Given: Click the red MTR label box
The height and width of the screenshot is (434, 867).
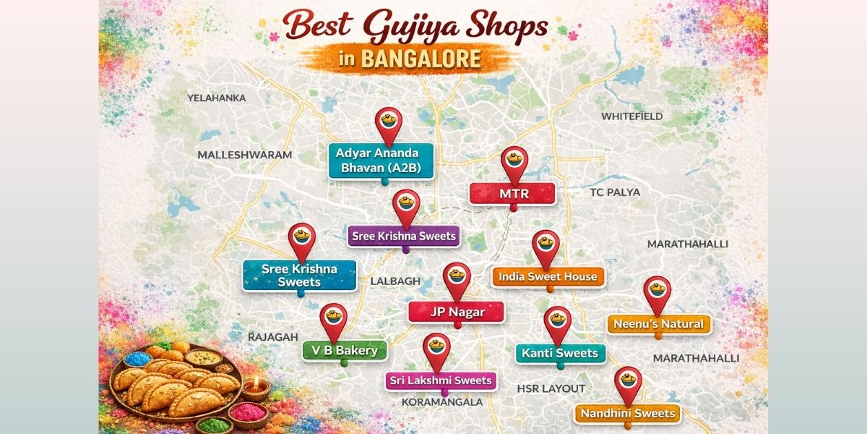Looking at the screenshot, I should click(x=512, y=194).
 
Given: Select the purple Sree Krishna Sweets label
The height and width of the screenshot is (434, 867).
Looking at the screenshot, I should click(x=404, y=236).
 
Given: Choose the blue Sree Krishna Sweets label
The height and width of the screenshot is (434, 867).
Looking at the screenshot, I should click(x=299, y=275).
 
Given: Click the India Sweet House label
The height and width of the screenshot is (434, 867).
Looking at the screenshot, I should click(x=548, y=276).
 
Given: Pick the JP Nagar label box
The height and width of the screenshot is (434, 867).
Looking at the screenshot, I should click(x=457, y=312).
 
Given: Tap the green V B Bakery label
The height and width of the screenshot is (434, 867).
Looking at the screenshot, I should click(x=334, y=351).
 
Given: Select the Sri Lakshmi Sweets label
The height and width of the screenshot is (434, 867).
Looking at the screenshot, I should click(x=440, y=380).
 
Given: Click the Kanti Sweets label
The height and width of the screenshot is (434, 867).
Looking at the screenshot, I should click(x=560, y=353).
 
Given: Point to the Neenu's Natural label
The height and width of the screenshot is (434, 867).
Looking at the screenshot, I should click(x=658, y=324).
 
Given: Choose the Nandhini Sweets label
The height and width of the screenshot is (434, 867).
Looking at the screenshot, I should click(x=627, y=414).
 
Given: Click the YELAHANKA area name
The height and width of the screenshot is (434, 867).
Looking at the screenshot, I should click(x=216, y=98).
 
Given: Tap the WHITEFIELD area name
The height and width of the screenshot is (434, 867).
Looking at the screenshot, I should click(x=631, y=116).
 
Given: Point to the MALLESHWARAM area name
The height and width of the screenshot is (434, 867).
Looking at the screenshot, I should click(x=244, y=155).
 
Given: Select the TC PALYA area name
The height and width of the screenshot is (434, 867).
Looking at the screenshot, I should click(x=614, y=192).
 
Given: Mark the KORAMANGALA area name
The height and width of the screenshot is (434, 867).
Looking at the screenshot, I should click(x=442, y=401).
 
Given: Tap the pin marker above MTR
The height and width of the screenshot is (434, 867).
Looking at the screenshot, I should click(x=514, y=162).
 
